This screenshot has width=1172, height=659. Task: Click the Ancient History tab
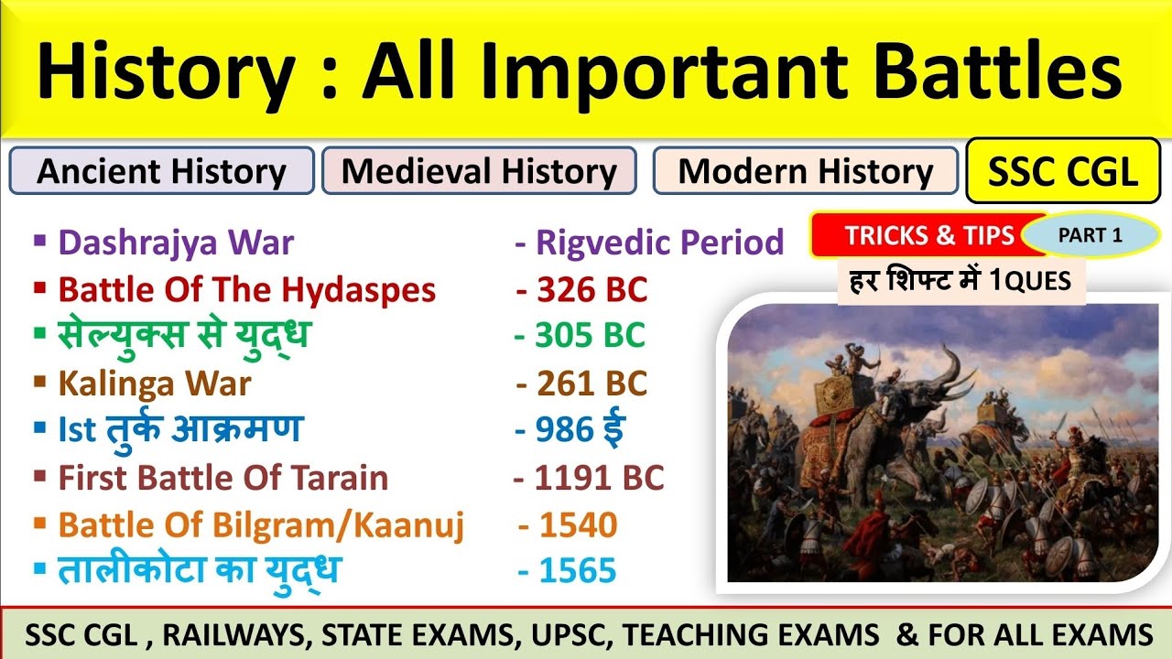click(161, 171)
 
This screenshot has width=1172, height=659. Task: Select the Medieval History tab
click(479, 171)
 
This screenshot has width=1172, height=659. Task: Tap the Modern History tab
click(806, 171)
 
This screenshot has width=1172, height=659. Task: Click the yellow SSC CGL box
click(1062, 170)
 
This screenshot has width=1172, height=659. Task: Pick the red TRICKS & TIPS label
click(928, 236)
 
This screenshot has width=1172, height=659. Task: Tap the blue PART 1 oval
click(1090, 235)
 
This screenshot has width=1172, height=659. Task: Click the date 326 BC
click(581, 290)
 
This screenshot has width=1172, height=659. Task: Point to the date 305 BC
click(580, 336)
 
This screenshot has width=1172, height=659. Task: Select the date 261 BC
click(581, 384)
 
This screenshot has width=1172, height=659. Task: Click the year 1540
click(568, 525)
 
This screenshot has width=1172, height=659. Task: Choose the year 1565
click(568, 572)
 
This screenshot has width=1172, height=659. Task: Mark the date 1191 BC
click(589, 478)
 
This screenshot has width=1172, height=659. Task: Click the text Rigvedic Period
click(650, 243)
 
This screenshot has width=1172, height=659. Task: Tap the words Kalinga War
click(154, 384)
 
